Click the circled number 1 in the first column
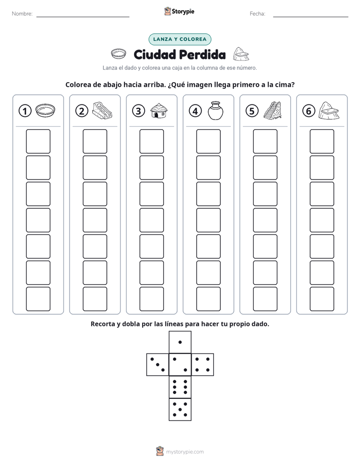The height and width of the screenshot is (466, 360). (x=25, y=111)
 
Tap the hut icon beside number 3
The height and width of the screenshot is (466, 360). (x=159, y=110)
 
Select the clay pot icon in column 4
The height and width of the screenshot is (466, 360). (x=215, y=110)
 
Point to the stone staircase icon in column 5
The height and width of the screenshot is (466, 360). (x=272, y=110)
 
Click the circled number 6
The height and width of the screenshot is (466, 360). (x=309, y=111)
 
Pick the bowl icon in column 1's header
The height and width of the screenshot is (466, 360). (x=45, y=110)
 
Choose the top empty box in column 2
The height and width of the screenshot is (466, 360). (x=95, y=141)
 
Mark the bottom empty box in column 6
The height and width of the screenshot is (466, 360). (x=322, y=299)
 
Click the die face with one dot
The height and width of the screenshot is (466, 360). (x=180, y=342)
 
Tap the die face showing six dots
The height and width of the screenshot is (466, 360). (x=180, y=387)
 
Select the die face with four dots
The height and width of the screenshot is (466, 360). (x=203, y=365)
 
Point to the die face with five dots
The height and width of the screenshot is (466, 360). (x=180, y=410)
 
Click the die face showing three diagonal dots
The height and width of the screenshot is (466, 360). (x=158, y=365)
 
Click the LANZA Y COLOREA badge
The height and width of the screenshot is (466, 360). (x=180, y=39)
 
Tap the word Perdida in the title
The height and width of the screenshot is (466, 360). (x=203, y=54)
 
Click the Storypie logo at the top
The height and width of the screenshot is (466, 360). (x=179, y=12)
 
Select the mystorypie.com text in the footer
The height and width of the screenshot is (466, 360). (x=185, y=452)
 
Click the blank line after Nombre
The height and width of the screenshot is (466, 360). (x=83, y=17)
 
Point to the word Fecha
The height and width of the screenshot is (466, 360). (x=258, y=14)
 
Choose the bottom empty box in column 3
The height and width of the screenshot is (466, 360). (x=151, y=299)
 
